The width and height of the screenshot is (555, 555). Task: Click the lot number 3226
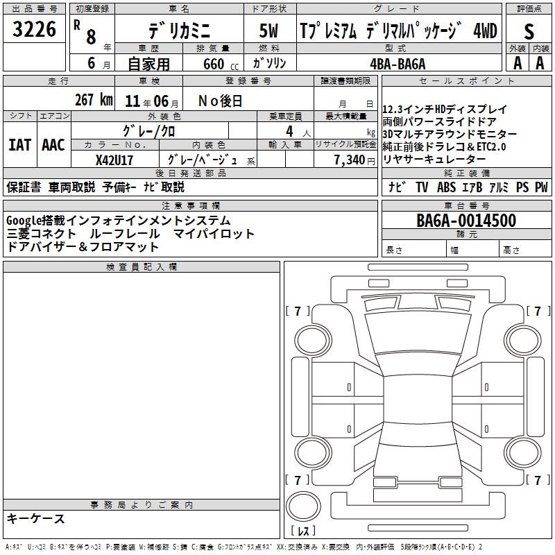[34, 29]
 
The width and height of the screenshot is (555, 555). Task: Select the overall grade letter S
[529, 31]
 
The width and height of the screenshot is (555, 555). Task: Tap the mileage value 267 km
[94, 100]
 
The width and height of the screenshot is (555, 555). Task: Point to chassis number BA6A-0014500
[466, 221]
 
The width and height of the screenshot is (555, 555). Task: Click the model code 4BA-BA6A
[398, 64]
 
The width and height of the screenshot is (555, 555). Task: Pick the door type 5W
[268, 31]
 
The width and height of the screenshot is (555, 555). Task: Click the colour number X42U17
[114, 160]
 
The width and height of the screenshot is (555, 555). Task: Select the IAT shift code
[19, 145]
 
